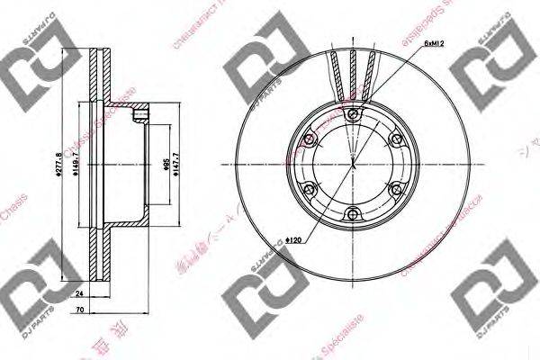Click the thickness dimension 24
point(79,293)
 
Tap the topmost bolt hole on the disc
point(354,112)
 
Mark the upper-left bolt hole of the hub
point(310,139)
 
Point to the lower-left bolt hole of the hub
point(310,189)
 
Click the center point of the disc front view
point(354,164)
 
